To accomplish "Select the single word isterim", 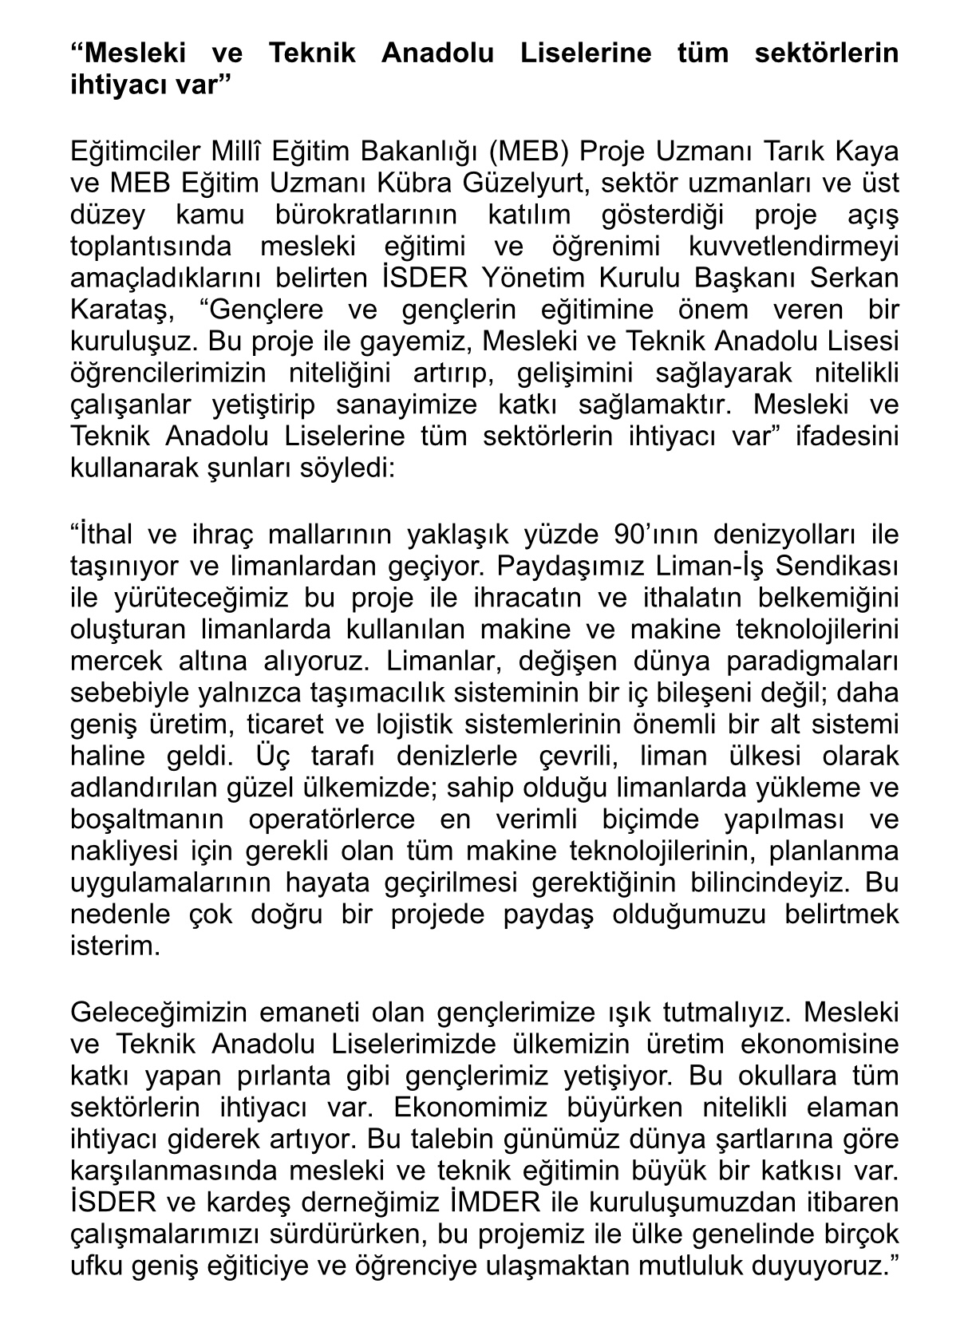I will [116, 947].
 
